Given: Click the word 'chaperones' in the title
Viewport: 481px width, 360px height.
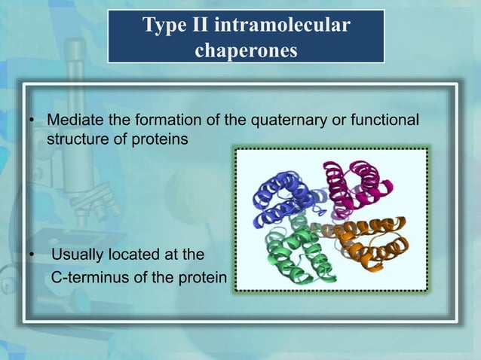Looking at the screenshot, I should pos(246,50).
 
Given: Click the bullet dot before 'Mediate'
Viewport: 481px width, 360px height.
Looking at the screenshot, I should pos(32,122).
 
